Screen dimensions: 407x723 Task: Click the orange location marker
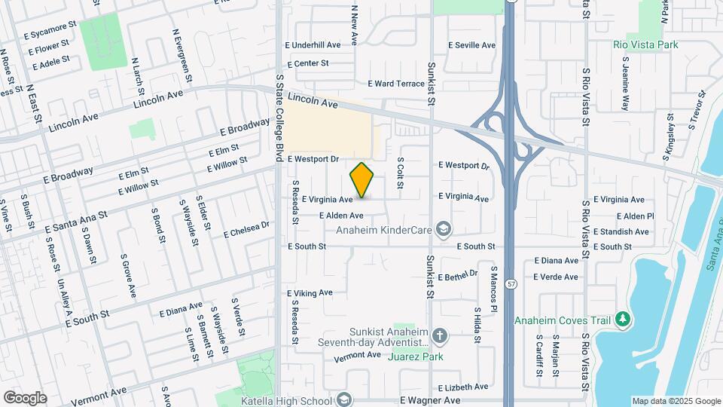point(362,180)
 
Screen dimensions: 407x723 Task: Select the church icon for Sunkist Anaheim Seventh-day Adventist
point(440,335)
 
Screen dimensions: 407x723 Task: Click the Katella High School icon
point(344,399)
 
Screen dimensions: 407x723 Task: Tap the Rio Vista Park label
point(645,45)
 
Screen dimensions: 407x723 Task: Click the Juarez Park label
point(415,357)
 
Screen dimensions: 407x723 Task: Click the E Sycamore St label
point(50,35)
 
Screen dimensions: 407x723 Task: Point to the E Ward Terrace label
point(396,84)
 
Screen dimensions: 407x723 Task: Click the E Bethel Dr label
point(458,277)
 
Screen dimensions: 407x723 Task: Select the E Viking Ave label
point(310,292)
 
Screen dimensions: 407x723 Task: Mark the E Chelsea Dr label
point(246,230)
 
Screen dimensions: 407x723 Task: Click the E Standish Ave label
point(621,231)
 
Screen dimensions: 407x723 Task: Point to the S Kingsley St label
point(668,136)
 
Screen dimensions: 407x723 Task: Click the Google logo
point(25,398)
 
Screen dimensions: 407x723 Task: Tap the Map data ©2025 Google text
point(676,401)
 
